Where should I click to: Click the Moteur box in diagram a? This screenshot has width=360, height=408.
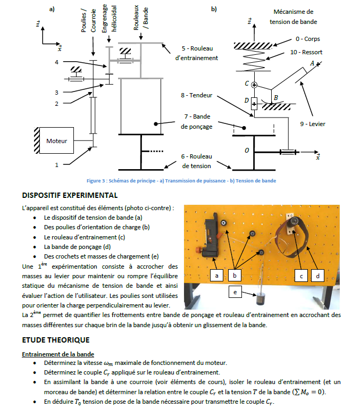[57, 141]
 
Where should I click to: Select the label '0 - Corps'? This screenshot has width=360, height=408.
[307, 39]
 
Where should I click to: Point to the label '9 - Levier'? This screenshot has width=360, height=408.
[312, 124]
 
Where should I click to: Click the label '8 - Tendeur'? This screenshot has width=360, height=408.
[197, 96]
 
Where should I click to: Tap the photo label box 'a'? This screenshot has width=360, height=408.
[215, 276]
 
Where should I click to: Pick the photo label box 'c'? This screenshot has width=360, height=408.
[301, 276]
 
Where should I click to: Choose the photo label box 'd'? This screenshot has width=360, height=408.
[317, 276]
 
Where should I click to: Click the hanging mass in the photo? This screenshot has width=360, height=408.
[260, 299]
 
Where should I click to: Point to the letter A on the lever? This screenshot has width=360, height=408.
[313, 63]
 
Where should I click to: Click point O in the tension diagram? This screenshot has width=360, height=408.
[246, 151]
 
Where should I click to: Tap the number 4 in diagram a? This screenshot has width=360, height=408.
[56, 62]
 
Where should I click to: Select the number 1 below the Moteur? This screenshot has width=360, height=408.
[56, 165]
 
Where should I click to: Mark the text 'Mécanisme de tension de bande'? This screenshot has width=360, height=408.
[293, 16]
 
